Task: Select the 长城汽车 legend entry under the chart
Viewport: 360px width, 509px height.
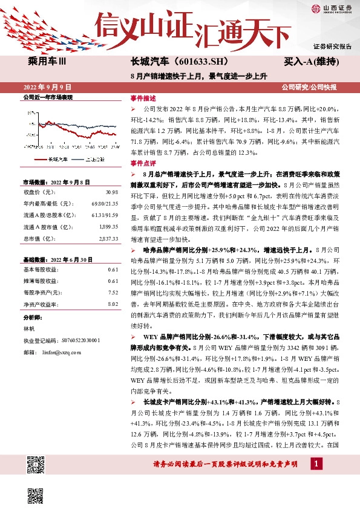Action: tap(57, 159)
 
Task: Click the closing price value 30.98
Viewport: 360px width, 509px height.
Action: tap(111, 192)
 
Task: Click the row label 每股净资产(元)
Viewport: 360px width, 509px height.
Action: tap(43, 292)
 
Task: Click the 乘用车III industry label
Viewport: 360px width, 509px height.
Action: tap(51, 62)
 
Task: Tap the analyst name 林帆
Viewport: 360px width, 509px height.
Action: tap(29, 329)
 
